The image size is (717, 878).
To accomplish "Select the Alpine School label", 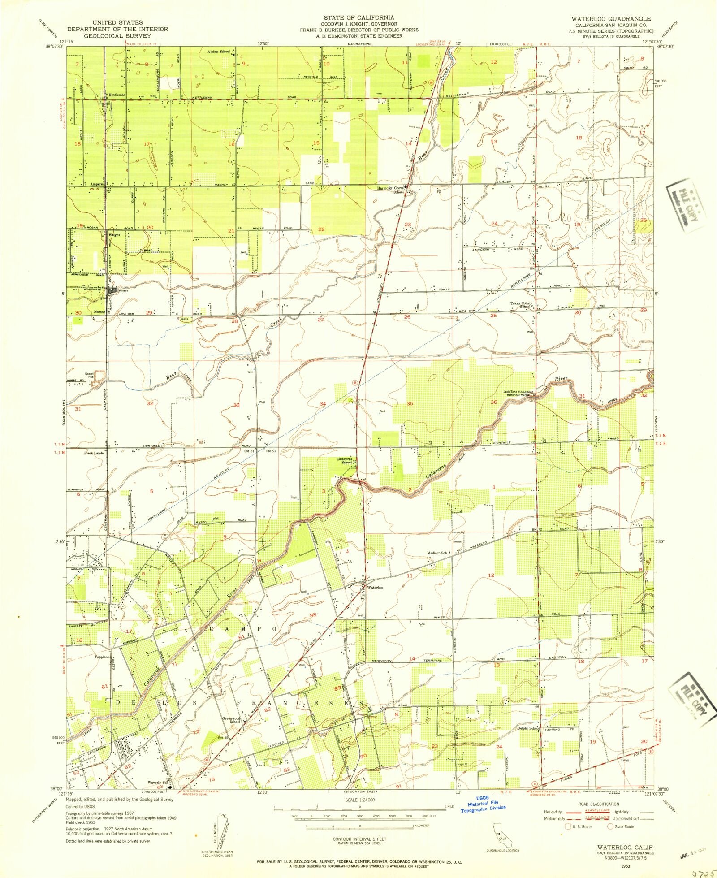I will (x=218, y=52).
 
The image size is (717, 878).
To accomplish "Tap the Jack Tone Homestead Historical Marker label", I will (x=516, y=393).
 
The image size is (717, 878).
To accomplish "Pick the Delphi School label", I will (x=528, y=728).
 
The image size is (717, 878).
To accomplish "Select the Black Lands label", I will (x=94, y=453).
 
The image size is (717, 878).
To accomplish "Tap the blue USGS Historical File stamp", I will (x=484, y=807).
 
